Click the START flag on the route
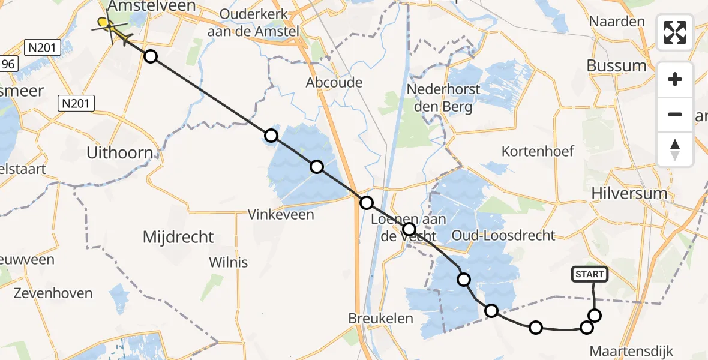coord(590,274)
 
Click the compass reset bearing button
coord(675,149)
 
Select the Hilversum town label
coord(629,193)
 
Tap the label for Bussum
coord(617,65)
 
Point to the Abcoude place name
coord(334,82)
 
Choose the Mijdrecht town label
coord(178,237)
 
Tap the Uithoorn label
coord(120,152)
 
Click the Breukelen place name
coord(381,319)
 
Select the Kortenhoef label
coord(538,151)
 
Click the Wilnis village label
coord(228,262)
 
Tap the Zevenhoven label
coord(53,293)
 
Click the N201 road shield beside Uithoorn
coord(76,104)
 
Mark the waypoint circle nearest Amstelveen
coord(151,56)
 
